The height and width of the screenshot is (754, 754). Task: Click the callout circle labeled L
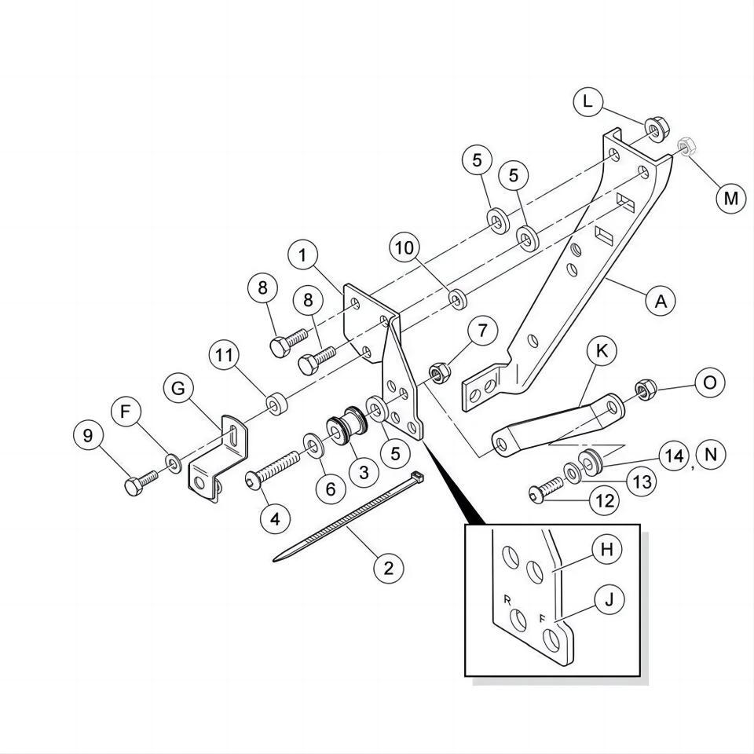(587, 101)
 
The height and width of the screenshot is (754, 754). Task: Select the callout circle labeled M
(730, 198)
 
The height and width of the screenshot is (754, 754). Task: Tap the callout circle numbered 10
(405, 248)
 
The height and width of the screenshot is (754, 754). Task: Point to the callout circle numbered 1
(302, 254)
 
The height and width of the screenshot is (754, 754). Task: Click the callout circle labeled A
(661, 301)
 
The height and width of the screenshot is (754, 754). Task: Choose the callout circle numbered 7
(481, 331)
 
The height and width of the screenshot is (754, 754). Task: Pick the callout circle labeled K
(602, 352)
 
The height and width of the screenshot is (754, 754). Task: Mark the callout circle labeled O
(709, 382)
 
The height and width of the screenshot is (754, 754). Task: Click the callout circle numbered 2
(388, 566)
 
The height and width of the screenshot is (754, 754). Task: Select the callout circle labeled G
(179, 388)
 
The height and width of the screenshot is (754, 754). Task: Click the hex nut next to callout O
(646, 388)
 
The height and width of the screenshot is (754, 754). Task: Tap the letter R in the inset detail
(507, 599)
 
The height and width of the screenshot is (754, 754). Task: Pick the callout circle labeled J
(608, 601)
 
